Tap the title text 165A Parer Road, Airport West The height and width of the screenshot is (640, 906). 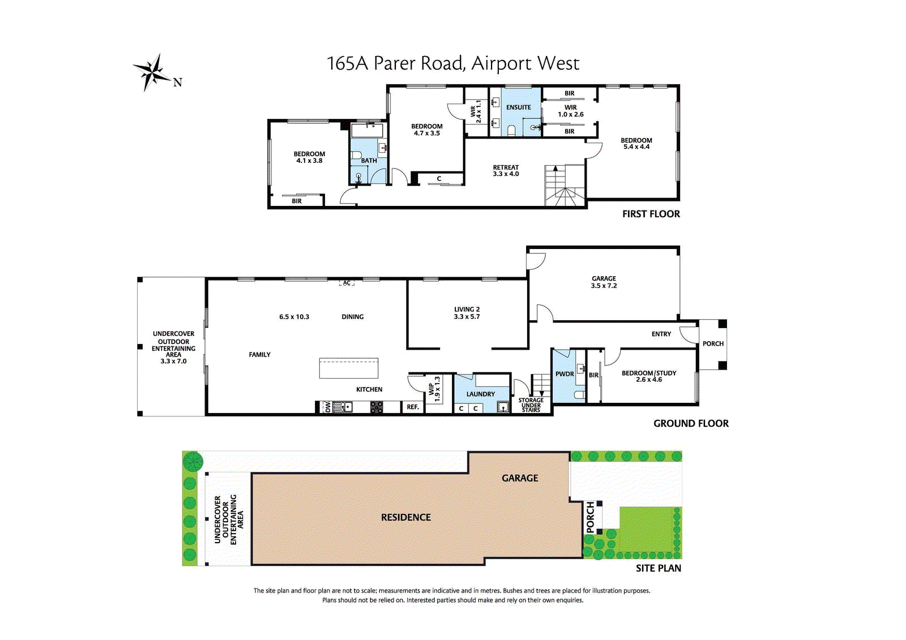(453, 63)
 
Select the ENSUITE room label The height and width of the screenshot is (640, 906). (518, 108)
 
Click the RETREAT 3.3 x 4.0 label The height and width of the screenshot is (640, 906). (506, 171)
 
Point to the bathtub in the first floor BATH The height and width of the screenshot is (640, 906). (367, 131)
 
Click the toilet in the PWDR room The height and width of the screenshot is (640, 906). (580, 394)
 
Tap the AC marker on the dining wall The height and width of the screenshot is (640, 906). (347, 283)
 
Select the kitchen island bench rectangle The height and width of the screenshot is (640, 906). (349, 368)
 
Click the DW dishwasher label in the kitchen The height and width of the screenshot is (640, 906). (328, 407)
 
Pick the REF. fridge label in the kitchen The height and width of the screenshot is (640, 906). (413, 407)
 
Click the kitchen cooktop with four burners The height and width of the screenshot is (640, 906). (377, 407)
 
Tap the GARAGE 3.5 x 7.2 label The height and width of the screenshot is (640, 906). (604, 282)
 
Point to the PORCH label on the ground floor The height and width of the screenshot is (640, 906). (713, 343)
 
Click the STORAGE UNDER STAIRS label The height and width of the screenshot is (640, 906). (531, 405)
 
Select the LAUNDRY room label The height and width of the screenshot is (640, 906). (481, 394)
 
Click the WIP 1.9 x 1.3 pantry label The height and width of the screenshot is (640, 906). (434, 389)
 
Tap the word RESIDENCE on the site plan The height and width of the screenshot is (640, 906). (405, 518)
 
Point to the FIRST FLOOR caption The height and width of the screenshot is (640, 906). (651, 214)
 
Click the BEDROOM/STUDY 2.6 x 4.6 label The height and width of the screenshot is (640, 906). (649, 376)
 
